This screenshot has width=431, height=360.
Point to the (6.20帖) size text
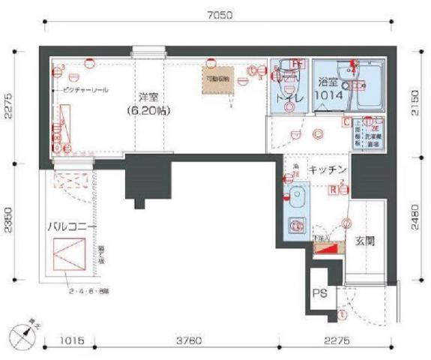[x=148, y=111]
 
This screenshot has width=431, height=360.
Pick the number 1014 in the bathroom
[x=329, y=96]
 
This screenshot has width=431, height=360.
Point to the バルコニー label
[x=71, y=225]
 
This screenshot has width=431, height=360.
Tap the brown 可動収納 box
[x=217, y=81]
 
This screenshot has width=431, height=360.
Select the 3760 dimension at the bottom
[x=188, y=341]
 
